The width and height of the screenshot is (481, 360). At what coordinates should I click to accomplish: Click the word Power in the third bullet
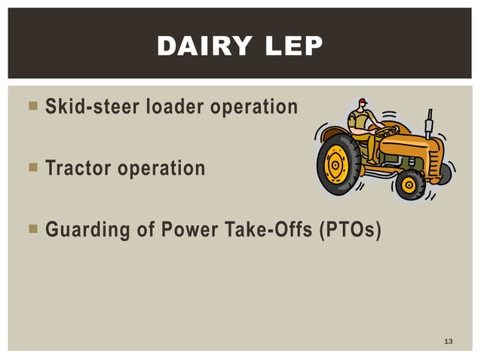tap(186, 229)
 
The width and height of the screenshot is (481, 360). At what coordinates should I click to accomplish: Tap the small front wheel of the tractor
tap(410, 184)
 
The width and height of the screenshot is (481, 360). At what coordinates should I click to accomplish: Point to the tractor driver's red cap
tap(363, 101)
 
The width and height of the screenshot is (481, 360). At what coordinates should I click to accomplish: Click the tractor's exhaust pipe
tap(429, 121)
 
